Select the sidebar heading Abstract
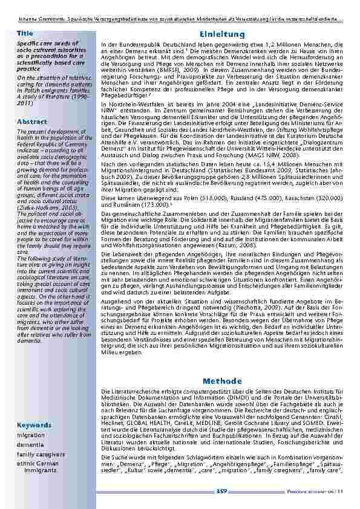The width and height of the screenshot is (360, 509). click(31, 122)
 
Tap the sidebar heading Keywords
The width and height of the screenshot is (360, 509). click(34, 424)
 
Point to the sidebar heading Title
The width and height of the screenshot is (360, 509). click(25, 33)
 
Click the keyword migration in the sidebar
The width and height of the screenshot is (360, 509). click(31, 435)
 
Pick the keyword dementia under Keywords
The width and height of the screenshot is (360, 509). click(30, 444)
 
